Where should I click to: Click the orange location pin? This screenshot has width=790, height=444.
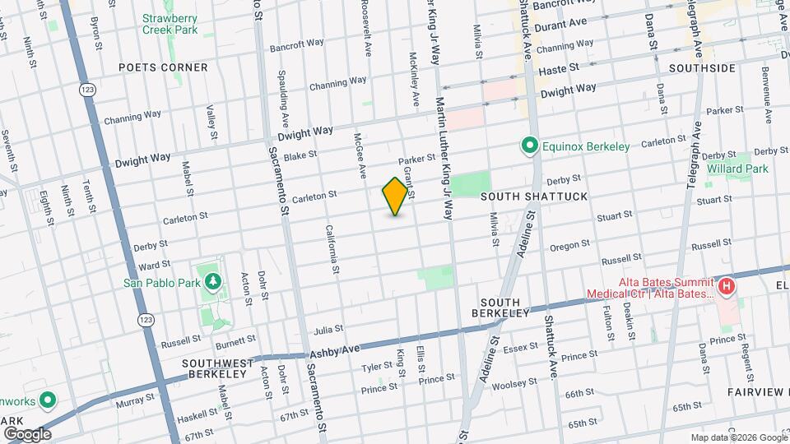pos(395,196)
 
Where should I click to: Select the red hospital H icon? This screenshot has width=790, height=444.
pos(726,287)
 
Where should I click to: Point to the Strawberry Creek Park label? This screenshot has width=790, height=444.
pos(170,23)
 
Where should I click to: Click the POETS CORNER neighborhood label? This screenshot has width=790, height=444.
pos(162,67)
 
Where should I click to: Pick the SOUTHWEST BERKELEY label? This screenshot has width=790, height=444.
pos(214,368)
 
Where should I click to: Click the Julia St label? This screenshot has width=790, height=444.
pos(328,330)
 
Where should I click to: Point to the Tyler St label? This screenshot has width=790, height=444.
pos(377,366)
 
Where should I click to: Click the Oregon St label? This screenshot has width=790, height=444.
pos(565,246)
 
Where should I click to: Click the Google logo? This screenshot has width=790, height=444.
pos(26,433)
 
